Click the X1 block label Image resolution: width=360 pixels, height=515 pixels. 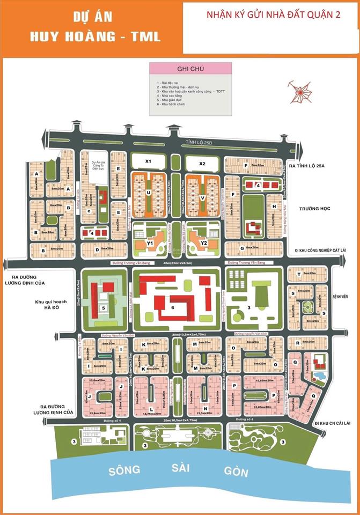(149, 161)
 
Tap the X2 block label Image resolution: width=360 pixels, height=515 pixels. (202, 163)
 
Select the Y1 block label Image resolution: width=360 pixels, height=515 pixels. (151, 242)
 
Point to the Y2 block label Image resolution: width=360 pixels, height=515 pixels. (204, 242)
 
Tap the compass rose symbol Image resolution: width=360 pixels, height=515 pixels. (300, 90)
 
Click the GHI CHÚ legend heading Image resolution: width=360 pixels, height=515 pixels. (190, 69)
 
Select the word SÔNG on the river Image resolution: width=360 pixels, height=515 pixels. (124, 470)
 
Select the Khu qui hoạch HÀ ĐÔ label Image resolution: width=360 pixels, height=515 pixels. (53, 305)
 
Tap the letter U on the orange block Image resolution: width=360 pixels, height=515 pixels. (149, 192)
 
